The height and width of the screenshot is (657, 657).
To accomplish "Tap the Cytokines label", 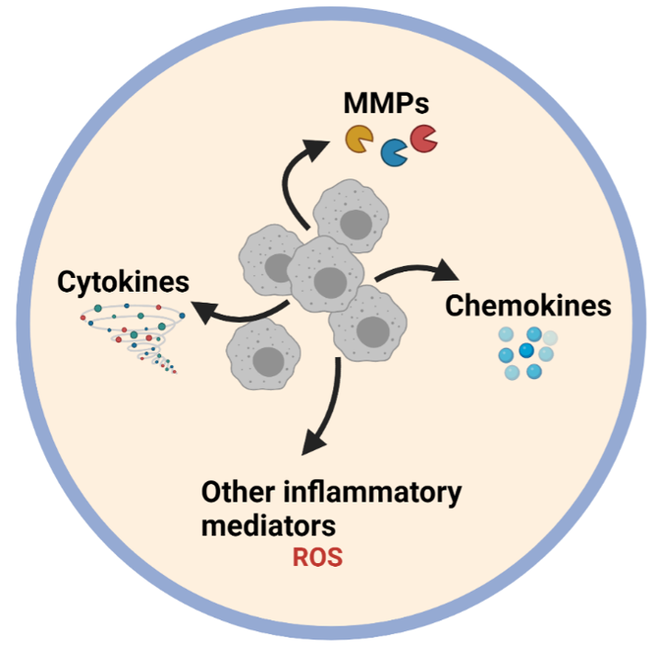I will [123, 282].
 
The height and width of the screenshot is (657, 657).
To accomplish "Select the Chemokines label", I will [528, 305].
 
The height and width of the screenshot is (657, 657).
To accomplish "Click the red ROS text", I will [317, 559].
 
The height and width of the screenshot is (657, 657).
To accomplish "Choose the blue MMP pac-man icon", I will [396, 152].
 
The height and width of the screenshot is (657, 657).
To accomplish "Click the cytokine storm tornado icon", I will [130, 335].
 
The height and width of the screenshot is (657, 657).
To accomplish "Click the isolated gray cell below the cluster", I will [266, 358].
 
